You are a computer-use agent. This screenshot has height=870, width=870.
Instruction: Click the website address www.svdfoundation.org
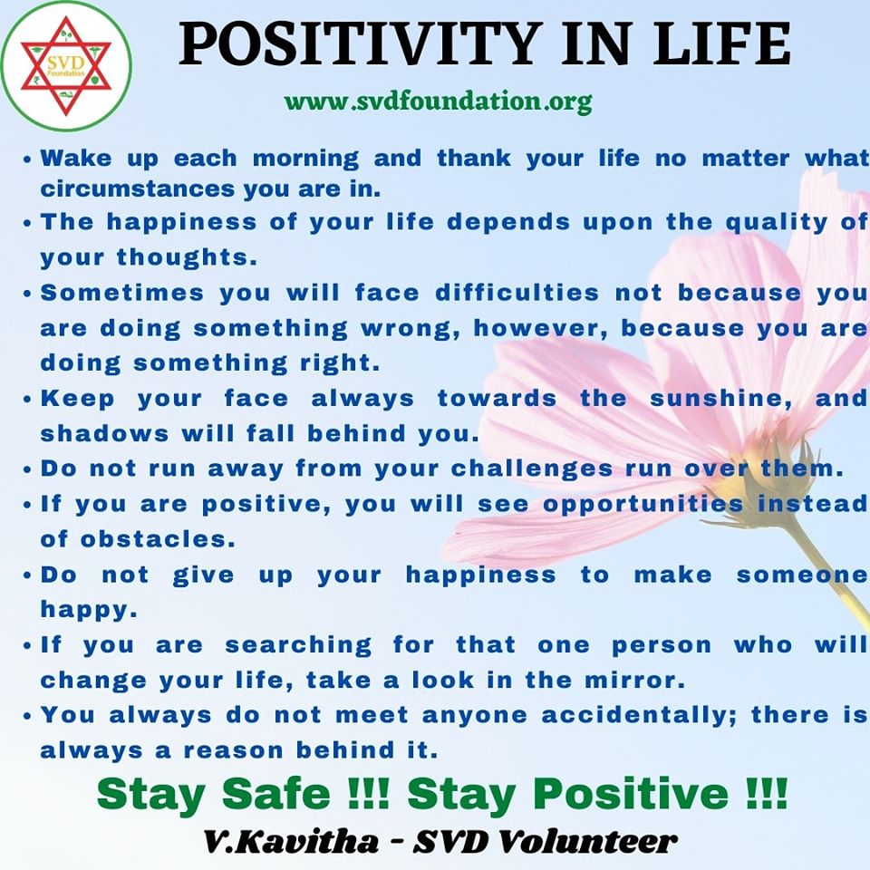[x=438, y=102]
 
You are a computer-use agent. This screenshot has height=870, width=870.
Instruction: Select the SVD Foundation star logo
[x=66, y=66]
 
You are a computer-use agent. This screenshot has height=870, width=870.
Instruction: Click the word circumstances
[x=138, y=189]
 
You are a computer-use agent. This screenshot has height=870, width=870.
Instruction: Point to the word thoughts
[x=187, y=256]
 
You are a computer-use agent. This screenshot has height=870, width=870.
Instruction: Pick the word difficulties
[x=517, y=293]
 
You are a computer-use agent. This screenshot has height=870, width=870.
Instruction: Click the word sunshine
[x=720, y=399]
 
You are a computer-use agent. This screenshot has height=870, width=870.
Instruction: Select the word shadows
[x=104, y=433]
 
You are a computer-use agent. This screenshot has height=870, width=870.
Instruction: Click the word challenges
[x=532, y=469]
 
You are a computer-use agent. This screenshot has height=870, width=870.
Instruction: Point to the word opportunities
[x=643, y=505]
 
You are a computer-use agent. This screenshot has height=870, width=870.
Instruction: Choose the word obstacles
[x=158, y=539]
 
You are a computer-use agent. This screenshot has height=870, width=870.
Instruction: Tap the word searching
[x=298, y=645]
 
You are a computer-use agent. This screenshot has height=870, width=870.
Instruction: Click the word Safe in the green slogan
[x=275, y=794]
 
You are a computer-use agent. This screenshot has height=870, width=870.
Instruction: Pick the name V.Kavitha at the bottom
[x=291, y=842]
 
